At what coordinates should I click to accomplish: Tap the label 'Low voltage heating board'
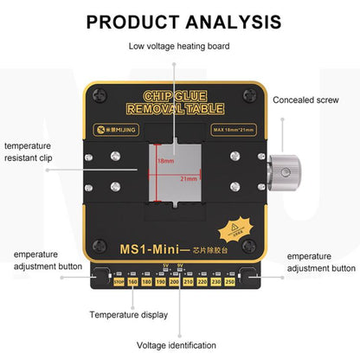pos(179,46)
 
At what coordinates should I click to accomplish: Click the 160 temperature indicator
pos(132,281)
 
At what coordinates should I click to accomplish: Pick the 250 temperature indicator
pos(229,281)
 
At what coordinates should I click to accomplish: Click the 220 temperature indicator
pos(202,281)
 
